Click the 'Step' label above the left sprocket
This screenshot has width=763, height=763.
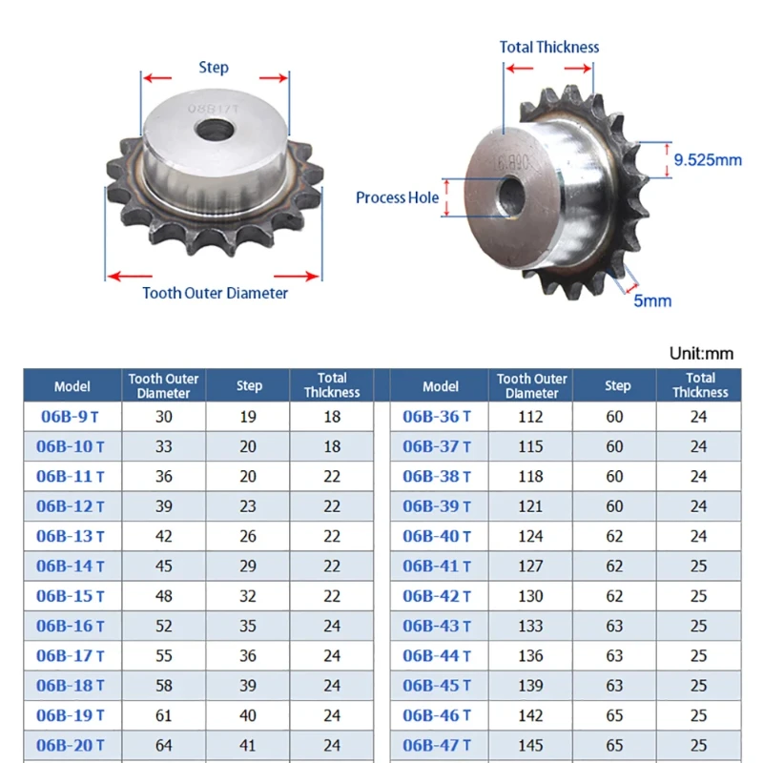(214, 67)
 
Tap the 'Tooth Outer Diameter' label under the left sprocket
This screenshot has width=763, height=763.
(216, 293)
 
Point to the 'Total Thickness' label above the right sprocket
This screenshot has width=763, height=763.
(549, 47)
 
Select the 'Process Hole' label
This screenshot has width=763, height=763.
(397, 197)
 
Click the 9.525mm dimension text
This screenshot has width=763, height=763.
(708, 159)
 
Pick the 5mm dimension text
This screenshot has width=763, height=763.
(652, 300)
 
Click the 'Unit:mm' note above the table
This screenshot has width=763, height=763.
(701, 353)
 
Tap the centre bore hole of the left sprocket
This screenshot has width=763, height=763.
(214, 130)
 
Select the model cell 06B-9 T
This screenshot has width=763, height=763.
(70, 417)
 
